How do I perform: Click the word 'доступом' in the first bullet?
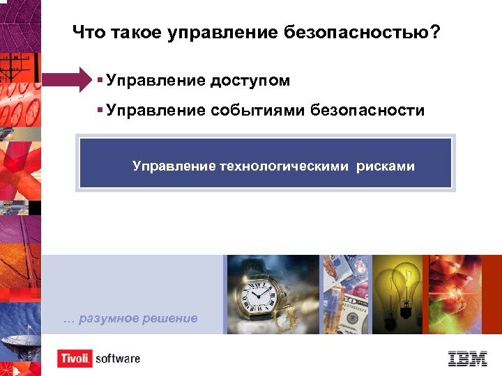coord(249,81)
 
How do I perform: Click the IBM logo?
coord(467,358)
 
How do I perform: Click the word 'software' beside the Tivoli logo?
coord(118,359)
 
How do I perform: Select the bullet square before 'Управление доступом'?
coord(101,80)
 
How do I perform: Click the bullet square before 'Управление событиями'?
coord(101,109)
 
